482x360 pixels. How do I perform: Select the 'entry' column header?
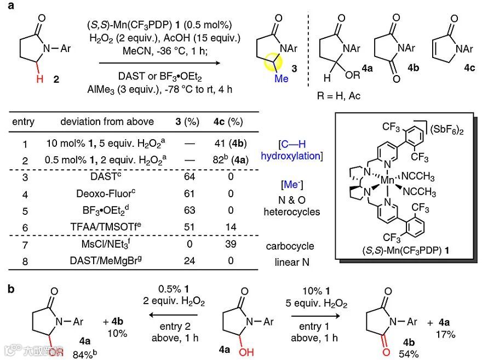pyautogui.click(x=23, y=122)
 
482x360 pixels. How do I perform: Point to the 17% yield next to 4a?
pyautogui.click(x=448, y=333)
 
